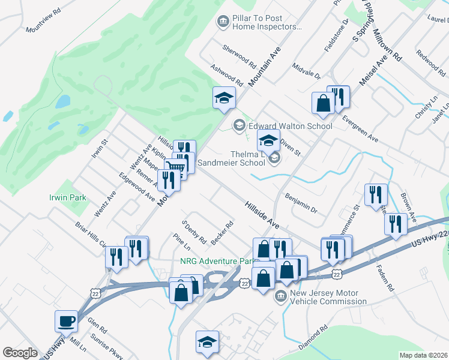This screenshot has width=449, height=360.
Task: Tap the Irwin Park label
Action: pos(67,197)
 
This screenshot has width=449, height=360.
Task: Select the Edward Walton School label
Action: pos(290,126)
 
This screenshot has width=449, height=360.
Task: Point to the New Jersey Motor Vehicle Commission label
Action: pos(328,297)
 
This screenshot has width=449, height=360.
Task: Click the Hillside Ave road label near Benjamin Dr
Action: pos(262,214)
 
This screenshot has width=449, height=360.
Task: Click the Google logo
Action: pos(20,353)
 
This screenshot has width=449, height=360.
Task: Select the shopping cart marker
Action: pos(175,169)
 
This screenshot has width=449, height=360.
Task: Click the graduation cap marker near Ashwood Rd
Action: pos(224,98)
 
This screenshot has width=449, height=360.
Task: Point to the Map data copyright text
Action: pos(424,355)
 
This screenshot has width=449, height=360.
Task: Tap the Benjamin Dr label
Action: pos(301,202)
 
